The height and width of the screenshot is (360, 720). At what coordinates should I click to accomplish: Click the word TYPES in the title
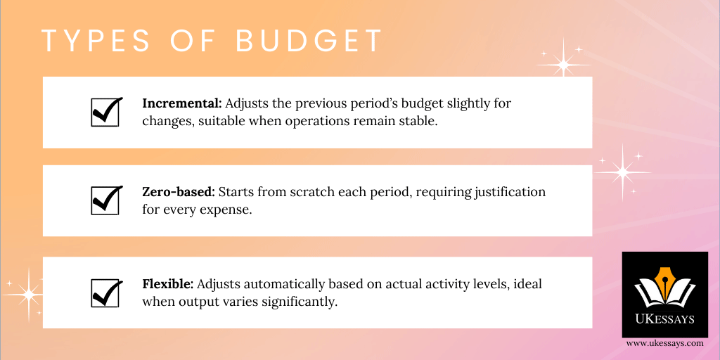[x=96, y=41]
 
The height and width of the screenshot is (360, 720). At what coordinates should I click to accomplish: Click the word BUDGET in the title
[x=309, y=41]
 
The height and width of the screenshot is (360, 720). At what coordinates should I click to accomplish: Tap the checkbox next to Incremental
[x=106, y=112]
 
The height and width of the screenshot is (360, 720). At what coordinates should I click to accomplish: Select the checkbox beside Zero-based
[x=106, y=200]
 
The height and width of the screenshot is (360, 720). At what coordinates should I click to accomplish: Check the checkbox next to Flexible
[x=106, y=292]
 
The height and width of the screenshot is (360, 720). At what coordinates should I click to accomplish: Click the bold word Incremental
[x=182, y=103]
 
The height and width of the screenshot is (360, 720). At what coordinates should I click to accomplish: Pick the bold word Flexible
[x=168, y=284]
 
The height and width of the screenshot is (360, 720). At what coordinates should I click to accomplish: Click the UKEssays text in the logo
[x=665, y=319]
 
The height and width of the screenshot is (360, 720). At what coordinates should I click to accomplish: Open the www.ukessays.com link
[x=665, y=343]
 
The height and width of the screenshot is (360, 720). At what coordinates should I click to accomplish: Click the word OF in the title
[x=193, y=41]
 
